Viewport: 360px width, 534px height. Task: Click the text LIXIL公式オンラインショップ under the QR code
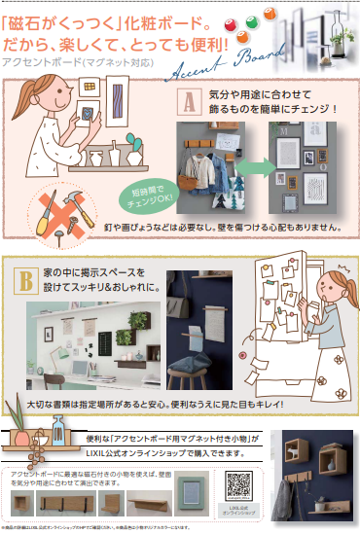point(240,512)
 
